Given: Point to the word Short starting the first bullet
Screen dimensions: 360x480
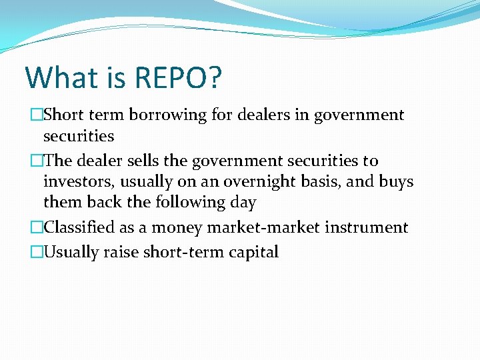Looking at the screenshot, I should click(63, 115).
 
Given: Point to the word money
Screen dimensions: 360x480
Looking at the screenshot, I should click(177, 227).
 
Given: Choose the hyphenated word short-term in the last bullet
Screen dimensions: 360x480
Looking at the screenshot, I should click(187, 252).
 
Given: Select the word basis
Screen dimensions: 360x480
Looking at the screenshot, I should click(311, 182).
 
